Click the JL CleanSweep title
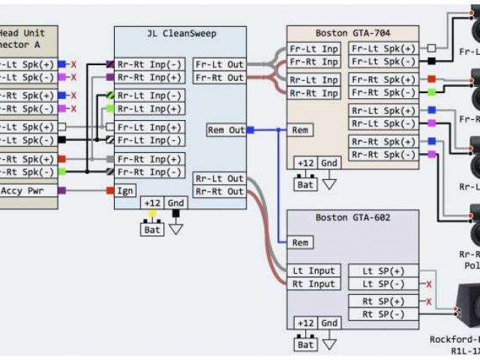pos(179,34)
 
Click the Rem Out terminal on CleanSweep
pos(226,130)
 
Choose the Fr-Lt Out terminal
pos(219,64)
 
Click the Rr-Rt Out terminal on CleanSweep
pos(219,191)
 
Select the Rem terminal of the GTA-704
pos(300,130)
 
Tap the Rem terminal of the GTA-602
pos(300,243)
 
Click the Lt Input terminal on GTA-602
pos(313,271)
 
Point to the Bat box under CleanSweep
pos(152,230)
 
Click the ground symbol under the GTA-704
pos(329,181)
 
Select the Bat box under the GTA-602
pos(305,345)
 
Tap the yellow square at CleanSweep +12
pos(152,213)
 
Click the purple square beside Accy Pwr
pos(62,190)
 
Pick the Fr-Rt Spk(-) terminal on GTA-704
pos(382,92)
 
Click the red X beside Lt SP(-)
pos(428,284)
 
